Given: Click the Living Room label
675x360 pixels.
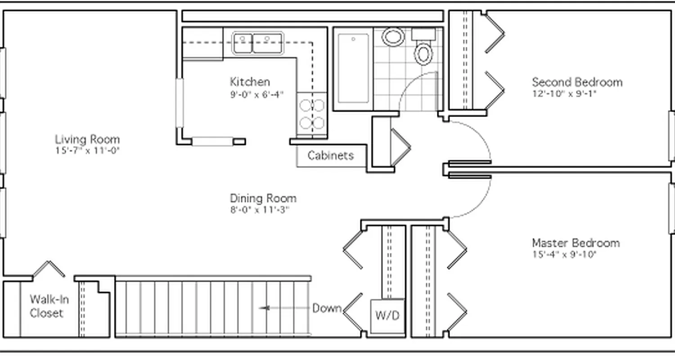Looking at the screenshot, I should pos(87,139).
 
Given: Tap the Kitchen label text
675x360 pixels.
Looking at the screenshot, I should pos(250,82).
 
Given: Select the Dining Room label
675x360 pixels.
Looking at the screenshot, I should pos(263,198).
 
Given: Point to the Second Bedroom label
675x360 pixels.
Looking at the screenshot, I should pos(577,82).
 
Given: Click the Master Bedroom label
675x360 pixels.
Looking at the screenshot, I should pos(576,243).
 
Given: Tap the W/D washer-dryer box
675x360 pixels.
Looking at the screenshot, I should pos(387,315).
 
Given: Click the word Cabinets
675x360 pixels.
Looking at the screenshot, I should pos(330,156).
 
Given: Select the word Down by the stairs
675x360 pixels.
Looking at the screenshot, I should pos(327,308).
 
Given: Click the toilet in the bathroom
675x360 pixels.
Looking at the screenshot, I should pos(423,52).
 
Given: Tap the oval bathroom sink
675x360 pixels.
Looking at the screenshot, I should pos(393,37).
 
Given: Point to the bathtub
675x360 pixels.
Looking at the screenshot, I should pos(353,67).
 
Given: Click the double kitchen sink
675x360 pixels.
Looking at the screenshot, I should pos(257,43).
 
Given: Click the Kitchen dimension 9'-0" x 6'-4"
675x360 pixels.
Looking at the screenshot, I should pos(256,94).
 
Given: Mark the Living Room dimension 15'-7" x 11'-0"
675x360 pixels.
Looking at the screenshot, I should pos(87,151).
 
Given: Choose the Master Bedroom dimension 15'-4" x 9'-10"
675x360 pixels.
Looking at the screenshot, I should pos(564,255).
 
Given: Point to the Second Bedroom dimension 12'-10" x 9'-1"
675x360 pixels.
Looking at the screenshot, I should pos(564,94).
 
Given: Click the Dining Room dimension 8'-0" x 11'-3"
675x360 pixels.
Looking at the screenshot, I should pos(259,210).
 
